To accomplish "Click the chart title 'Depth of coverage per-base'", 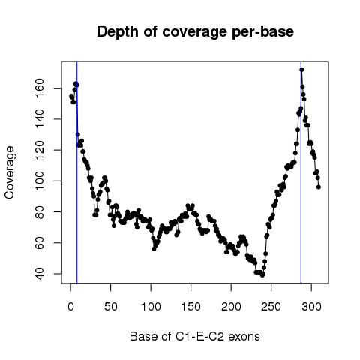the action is (195, 32).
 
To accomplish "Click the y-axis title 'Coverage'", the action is (10, 172).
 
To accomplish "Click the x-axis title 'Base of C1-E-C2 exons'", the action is (195, 337).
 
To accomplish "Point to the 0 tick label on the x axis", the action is (70, 307).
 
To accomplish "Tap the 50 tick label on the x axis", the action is (111, 307).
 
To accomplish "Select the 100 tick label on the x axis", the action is (151, 307).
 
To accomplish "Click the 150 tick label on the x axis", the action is (191, 307).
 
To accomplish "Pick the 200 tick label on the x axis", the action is (231, 307).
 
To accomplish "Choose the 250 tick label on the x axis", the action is (271, 307).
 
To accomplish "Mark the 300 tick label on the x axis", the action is (311, 307).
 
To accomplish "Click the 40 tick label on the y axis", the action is (39, 274).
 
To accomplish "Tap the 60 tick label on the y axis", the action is (39, 243).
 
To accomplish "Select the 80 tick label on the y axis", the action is (39, 211).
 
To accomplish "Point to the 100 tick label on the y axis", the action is (39, 181).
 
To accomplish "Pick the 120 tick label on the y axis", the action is (39, 150).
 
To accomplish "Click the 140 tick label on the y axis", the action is (39, 119).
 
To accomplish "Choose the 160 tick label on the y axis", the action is (39, 88).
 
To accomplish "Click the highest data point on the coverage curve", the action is (301, 70).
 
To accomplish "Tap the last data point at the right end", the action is (319, 187).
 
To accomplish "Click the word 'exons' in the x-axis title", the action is (244, 337).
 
